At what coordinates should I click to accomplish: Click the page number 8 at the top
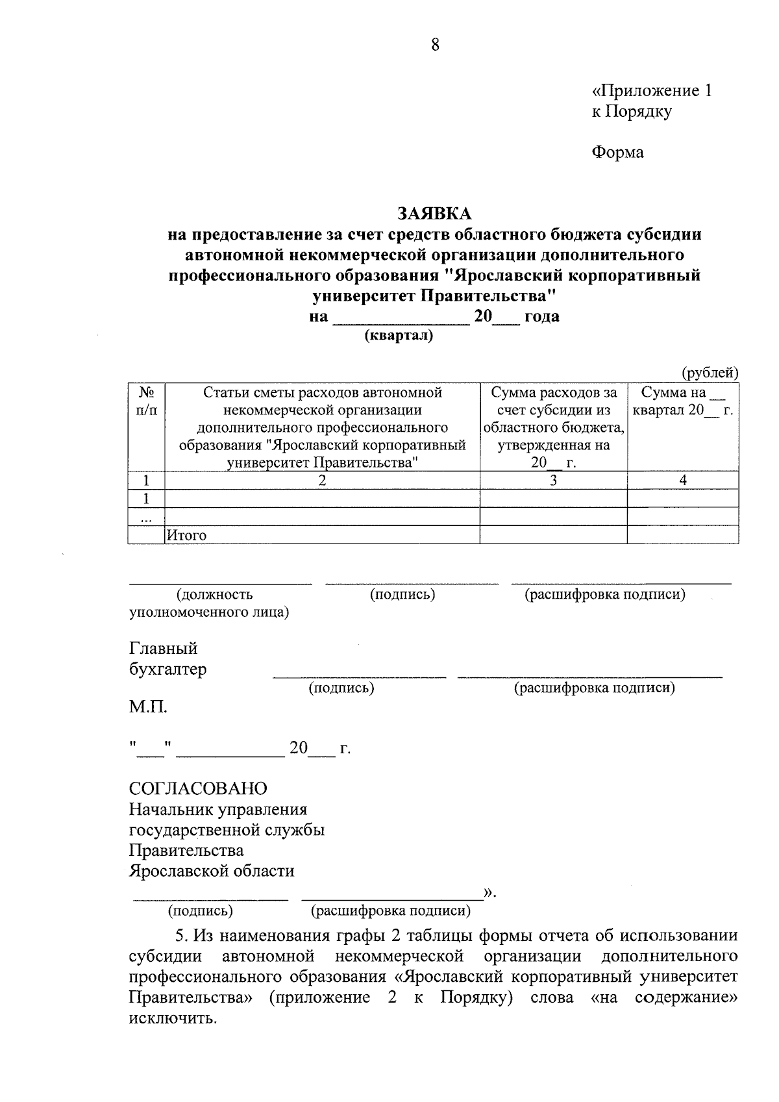pos(435,45)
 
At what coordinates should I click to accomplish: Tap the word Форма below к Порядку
pos(617,153)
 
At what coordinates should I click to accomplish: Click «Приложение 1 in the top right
pos(652,91)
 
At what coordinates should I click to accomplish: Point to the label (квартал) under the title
pos(399,336)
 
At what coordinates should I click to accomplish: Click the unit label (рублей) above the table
pos(710,373)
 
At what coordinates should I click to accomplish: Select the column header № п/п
pos(147,401)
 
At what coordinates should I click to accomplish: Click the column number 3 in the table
pos(553,481)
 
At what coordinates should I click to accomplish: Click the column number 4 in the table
pos(683,481)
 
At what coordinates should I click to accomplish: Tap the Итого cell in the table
pos(187,535)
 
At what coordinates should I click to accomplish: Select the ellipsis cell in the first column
pos(147,518)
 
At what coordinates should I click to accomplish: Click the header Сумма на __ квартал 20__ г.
pos(682,401)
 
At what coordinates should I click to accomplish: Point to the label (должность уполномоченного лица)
pos(209,603)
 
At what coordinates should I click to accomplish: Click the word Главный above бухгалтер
pos(164,649)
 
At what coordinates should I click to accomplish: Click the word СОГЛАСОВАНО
pos(198,788)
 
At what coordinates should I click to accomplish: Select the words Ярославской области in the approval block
pos(212,871)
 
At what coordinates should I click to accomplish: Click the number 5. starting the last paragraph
pos(182,936)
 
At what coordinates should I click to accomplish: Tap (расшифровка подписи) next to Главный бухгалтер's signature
pos(595,688)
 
